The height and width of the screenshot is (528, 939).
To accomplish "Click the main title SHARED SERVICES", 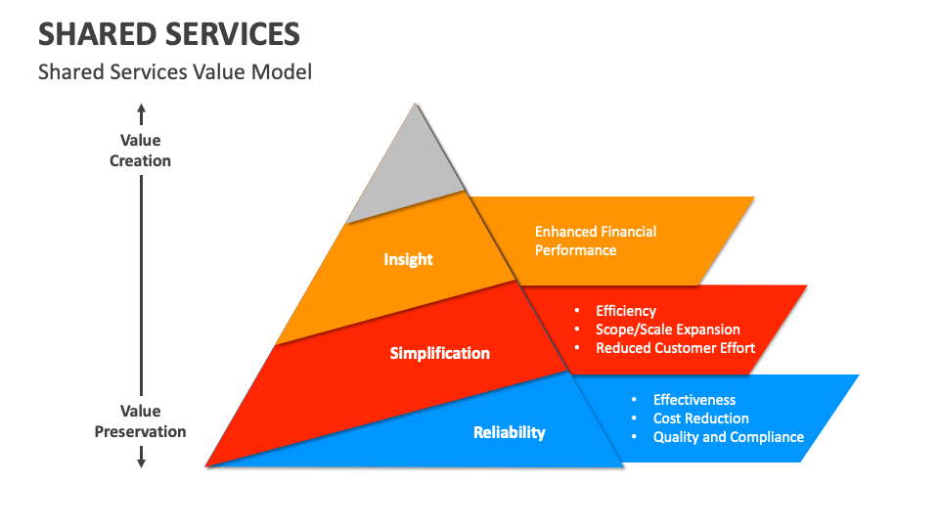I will (168, 34).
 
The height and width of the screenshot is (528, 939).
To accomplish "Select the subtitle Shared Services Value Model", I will (174, 72).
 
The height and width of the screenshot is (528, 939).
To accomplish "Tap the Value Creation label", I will (140, 151).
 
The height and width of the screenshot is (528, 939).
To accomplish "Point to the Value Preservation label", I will (140, 421).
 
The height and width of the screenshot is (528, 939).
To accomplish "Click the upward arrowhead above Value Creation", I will (141, 110).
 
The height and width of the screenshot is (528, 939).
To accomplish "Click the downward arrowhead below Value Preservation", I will (141, 460).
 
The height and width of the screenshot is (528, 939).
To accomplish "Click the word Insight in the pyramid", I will (408, 259).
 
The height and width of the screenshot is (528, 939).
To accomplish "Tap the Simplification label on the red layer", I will (439, 353).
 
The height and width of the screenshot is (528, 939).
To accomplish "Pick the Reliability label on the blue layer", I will (509, 432).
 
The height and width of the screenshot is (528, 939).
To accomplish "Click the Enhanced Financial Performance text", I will (595, 241).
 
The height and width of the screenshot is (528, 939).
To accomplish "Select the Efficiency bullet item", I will (626, 311).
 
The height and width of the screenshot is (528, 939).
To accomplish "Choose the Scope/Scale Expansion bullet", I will (667, 330).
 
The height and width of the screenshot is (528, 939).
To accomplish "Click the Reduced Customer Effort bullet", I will (675, 348).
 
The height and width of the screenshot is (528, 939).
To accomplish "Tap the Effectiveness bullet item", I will (694, 400).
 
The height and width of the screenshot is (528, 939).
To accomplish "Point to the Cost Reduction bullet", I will (700, 418).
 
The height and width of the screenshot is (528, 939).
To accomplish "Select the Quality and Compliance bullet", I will (728, 437).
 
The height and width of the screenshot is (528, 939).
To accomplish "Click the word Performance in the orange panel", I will (575, 250).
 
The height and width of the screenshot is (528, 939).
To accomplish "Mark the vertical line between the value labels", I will (141, 284).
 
